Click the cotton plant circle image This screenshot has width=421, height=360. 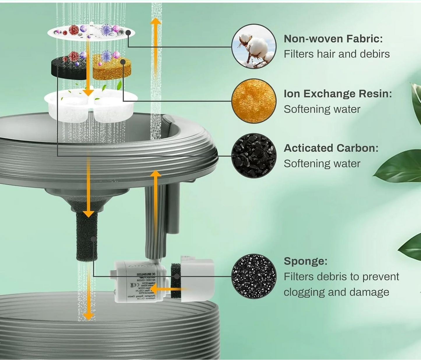coord(254,47)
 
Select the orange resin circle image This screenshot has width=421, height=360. coord(254,101)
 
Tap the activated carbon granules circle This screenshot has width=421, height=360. coord(254,156)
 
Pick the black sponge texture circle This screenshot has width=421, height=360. coord(254,276)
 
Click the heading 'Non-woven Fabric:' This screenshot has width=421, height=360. coord(333,39)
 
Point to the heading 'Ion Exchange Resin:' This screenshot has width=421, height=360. coord(338,94)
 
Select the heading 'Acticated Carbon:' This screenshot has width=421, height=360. coord(331,148)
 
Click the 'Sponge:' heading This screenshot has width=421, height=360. coord(305,261)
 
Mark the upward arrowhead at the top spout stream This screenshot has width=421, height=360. coord(156,21)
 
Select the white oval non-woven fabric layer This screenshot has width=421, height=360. coord(91,33)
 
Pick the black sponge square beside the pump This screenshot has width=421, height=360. coord(176,281)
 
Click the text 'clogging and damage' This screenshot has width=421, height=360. coord(336,292)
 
